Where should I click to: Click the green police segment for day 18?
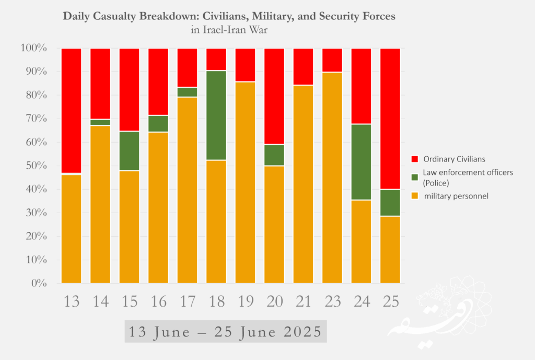coord(216,115)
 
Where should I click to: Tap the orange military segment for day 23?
coord(332,178)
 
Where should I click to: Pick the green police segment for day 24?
coord(361,162)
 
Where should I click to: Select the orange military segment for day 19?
coord(245,182)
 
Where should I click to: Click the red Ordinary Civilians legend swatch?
coord(416,158)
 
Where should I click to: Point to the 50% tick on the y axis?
coord(34,166)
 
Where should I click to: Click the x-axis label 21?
coord(303,301)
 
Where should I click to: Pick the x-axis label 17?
coord(187,301)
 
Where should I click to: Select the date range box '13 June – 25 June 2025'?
coord(225,332)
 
